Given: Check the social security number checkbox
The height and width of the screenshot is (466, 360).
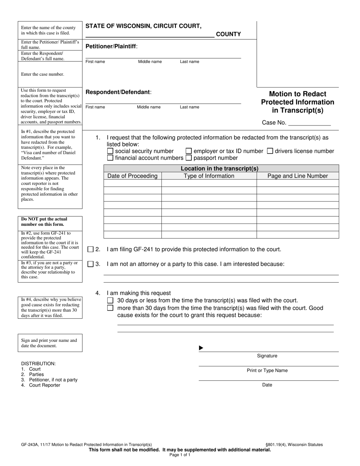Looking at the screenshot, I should (x=110, y=151).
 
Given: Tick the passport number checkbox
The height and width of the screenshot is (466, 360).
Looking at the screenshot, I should (x=189, y=158).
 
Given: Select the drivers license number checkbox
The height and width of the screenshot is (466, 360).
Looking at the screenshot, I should (x=270, y=151).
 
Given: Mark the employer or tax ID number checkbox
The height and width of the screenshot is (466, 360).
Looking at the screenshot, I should (x=189, y=151).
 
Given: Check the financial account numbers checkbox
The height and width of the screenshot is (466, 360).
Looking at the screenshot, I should (x=110, y=158).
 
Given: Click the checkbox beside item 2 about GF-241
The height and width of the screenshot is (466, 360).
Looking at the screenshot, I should (x=91, y=249).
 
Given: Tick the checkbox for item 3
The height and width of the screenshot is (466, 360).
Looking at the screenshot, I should (x=91, y=264).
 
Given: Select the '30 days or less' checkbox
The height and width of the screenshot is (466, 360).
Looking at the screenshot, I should (x=110, y=300).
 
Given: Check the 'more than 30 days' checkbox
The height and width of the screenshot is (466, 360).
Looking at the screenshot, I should (x=110, y=308).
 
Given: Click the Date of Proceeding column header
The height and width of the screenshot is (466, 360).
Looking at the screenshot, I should (x=132, y=176).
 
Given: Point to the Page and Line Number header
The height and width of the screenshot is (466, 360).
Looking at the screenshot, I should (x=297, y=176).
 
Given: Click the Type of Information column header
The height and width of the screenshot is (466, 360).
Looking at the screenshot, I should (x=209, y=176).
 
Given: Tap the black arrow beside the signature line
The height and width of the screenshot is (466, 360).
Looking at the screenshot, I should (x=201, y=348).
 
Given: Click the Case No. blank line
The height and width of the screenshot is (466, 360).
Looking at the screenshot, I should (x=310, y=123).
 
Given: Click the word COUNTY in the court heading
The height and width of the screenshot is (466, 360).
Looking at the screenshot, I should (x=228, y=34).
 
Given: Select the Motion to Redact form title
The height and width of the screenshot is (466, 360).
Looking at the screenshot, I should (x=297, y=102).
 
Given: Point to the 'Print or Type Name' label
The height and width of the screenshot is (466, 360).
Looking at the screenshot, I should (x=267, y=371).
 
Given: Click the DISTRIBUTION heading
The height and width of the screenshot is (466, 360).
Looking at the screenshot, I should (x=38, y=364).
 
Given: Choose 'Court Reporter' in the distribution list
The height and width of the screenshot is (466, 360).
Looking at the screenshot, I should (x=44, y=385).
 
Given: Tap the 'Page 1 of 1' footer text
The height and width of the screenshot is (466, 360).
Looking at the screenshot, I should (x=180, y=455).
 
